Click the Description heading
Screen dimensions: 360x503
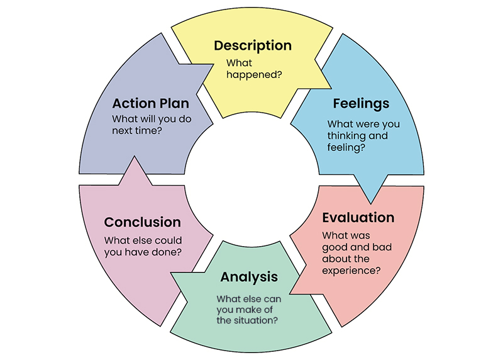(x=253, y=45)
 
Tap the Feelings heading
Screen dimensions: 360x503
(x=361, y=103)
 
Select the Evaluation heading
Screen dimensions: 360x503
(x=358, y=218)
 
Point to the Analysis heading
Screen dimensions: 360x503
(x=249, y=277)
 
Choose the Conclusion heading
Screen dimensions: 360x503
(x=142, y=222)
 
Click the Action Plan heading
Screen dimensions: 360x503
(x=150, y=103)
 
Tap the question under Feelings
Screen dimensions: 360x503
(x=363, y=135)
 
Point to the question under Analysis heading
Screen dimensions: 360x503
(x=249, y=310)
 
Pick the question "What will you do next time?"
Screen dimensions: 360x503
(x=152, y=125)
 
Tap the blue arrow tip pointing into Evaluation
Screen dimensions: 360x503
(x=370, y=196)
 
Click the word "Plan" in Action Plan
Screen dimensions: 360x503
(x=175, y=103)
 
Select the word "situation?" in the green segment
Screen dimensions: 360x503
(x=257, y=320)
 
